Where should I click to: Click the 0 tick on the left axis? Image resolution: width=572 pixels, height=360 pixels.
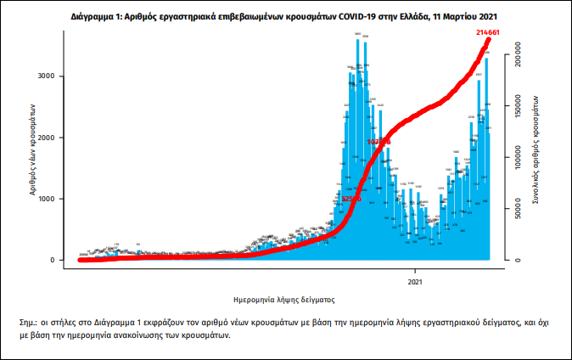52,260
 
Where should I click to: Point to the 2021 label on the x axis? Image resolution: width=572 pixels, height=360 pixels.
416,280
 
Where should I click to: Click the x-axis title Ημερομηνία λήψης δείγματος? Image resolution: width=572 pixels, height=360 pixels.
284,300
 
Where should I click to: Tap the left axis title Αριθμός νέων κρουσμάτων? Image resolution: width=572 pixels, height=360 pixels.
31,151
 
